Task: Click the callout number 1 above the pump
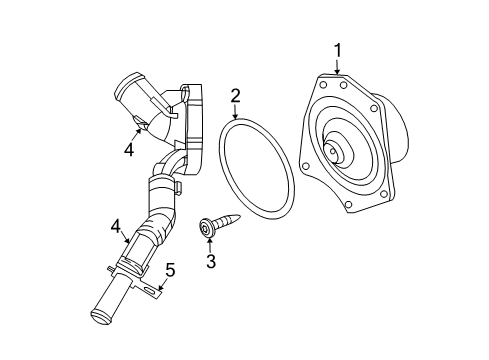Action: pos(338,49)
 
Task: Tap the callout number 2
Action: pos(236,96)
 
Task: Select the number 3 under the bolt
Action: pos(210,263)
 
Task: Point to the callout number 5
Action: pos(170,269)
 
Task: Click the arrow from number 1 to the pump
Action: pos(338,65)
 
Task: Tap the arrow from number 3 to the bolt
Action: pos(209,246)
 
